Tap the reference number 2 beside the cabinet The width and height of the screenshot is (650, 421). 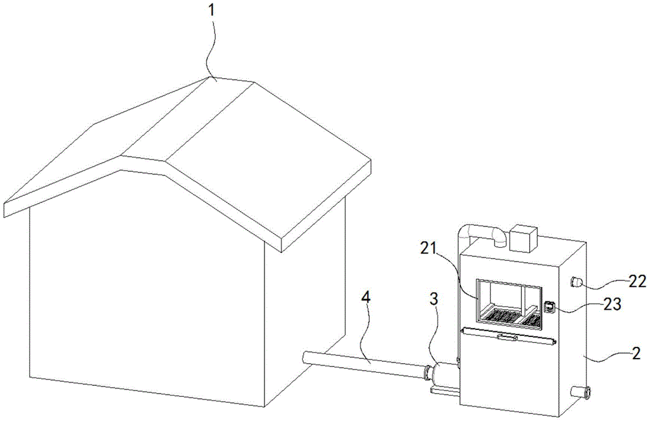point(636,353)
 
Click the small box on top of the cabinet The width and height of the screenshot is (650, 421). point(523,238)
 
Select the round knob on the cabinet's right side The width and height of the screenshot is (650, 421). point(575,282)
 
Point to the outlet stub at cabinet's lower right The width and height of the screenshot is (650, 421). point(580,392)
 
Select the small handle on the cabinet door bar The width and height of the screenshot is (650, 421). point(507,336)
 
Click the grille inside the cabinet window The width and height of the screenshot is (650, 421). point(510,316)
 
